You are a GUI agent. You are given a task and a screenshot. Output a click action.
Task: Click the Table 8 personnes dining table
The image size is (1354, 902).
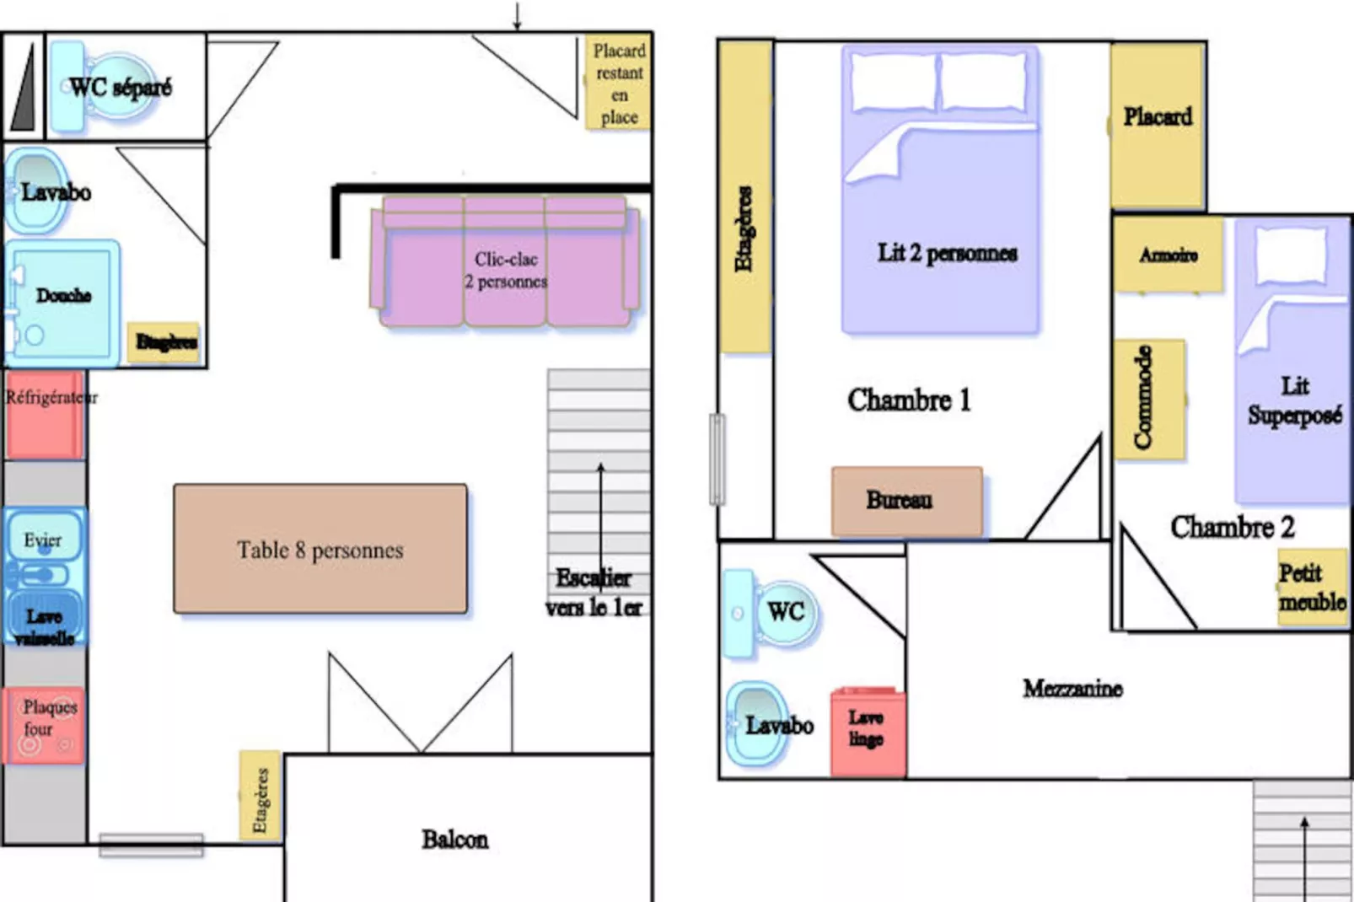320,549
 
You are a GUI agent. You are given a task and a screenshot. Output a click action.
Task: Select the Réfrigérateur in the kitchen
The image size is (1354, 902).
45,416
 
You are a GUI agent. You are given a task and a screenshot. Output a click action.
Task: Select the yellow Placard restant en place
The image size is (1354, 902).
619,83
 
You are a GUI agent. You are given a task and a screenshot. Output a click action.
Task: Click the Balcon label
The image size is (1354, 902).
455,840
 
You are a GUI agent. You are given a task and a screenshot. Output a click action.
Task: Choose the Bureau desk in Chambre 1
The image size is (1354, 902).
907,501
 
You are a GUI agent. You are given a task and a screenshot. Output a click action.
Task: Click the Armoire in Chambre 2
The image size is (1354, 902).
1169,255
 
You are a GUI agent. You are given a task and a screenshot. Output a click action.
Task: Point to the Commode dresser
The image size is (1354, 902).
1148,399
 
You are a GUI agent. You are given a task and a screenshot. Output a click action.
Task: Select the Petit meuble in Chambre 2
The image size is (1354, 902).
1312,588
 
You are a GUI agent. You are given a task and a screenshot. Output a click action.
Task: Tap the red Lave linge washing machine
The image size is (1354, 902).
868,732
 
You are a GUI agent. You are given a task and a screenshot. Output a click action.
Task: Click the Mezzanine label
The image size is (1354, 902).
1072,689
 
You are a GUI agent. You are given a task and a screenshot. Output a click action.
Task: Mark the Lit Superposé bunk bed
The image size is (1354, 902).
1292,362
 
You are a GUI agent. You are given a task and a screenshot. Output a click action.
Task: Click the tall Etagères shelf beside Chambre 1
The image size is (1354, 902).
745,196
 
